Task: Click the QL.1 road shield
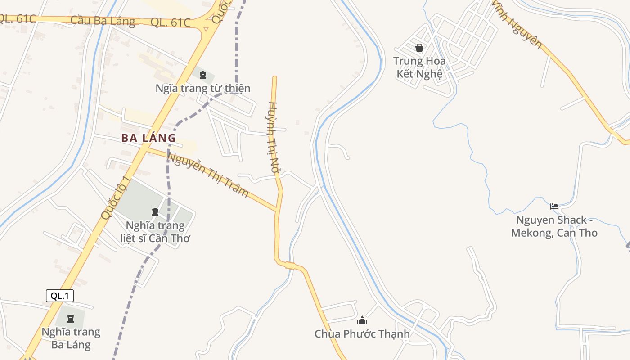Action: click(59, 296)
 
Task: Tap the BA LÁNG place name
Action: click(148, 138)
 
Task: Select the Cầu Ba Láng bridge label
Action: click(103, 21)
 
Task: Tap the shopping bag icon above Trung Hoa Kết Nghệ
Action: click(419, 48)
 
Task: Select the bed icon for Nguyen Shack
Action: click(554, 207)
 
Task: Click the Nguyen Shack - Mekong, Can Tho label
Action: click(554, 226)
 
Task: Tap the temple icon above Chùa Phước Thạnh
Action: click(362, 320)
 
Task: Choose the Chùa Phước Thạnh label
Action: click(362, 334)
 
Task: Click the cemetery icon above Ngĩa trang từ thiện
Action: click(203, 75)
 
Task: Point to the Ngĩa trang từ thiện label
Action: click(203, 88)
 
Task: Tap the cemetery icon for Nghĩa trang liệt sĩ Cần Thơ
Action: click(155, 211)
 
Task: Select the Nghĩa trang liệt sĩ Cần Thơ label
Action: click(155, 232)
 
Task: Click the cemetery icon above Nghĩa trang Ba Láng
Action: click(71, 319)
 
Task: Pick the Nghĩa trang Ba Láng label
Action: click(71, 338)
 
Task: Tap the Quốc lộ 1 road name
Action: click(116, 198)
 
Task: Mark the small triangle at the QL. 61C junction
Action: click(206, 29)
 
